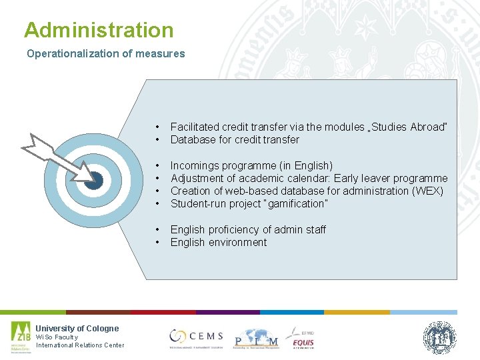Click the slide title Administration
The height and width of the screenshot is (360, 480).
(x=99, y=30)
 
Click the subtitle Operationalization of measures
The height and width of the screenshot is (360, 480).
(x=105, y=54)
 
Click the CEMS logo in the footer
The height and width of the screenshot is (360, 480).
(x=196, y=337)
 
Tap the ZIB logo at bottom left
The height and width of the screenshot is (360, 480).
(x=20, y=337)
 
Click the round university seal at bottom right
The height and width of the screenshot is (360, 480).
(x=439, y=337)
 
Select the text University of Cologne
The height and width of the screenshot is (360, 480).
(x=77, y=328)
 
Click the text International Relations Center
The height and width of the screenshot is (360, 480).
(x=80, y=345)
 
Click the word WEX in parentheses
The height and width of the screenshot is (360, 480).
(x=431, y=191)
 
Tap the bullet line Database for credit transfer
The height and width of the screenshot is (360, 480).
(x=235, y=139)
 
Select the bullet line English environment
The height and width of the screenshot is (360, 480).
(x=218, y=242)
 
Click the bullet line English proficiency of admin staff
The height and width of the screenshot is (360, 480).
(x=248, y=229)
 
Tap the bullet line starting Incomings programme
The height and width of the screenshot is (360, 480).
(x=251, y=165)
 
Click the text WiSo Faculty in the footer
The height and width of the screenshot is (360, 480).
(x=57, y=337)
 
